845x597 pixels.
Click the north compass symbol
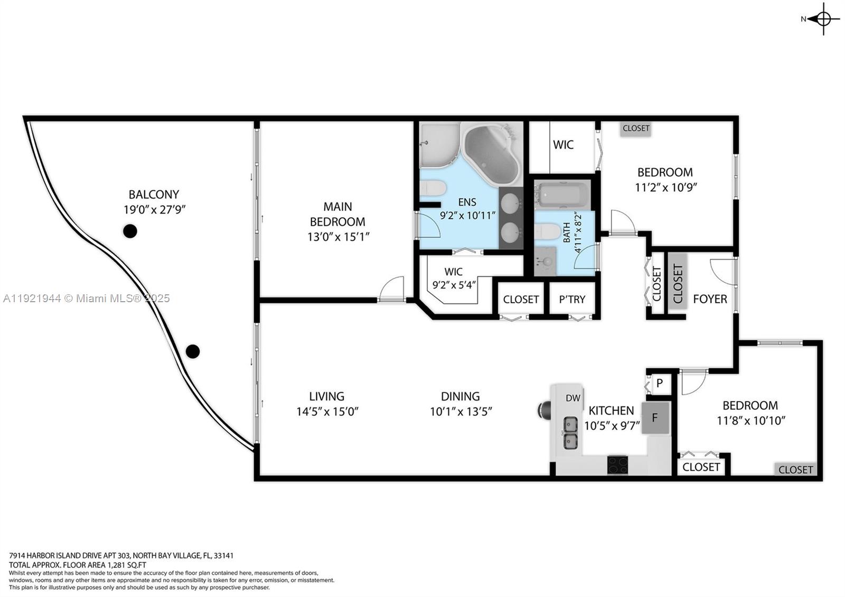(x=823, y=19)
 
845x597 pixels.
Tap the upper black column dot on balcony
(x=130, y=231)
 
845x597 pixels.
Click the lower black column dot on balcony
(x=193, y=351)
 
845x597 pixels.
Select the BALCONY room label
(x=154, y=194)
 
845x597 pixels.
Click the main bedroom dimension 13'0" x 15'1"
(x=338, y=237)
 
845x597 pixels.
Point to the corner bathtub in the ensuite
(x=491, y=154)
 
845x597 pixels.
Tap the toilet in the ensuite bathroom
(x=433, y=188)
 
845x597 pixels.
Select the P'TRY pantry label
(x=572, y=300)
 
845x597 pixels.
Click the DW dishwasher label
(x=573, y=398)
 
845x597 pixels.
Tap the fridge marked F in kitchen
(x=655, y=418)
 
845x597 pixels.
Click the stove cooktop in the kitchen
(x=617, y=464)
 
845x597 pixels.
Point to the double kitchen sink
(x=570, y=432)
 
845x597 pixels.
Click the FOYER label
(x=710, y=299)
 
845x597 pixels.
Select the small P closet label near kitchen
(x=660, y=383)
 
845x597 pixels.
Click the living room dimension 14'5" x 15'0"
(x=327, y=412)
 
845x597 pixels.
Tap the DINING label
(x=460, y=396)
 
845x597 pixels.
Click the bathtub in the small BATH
(x=562, y=194)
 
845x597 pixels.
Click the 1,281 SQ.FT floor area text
(x=121, y=565)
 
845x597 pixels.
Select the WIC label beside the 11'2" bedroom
(x=563, y=145)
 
